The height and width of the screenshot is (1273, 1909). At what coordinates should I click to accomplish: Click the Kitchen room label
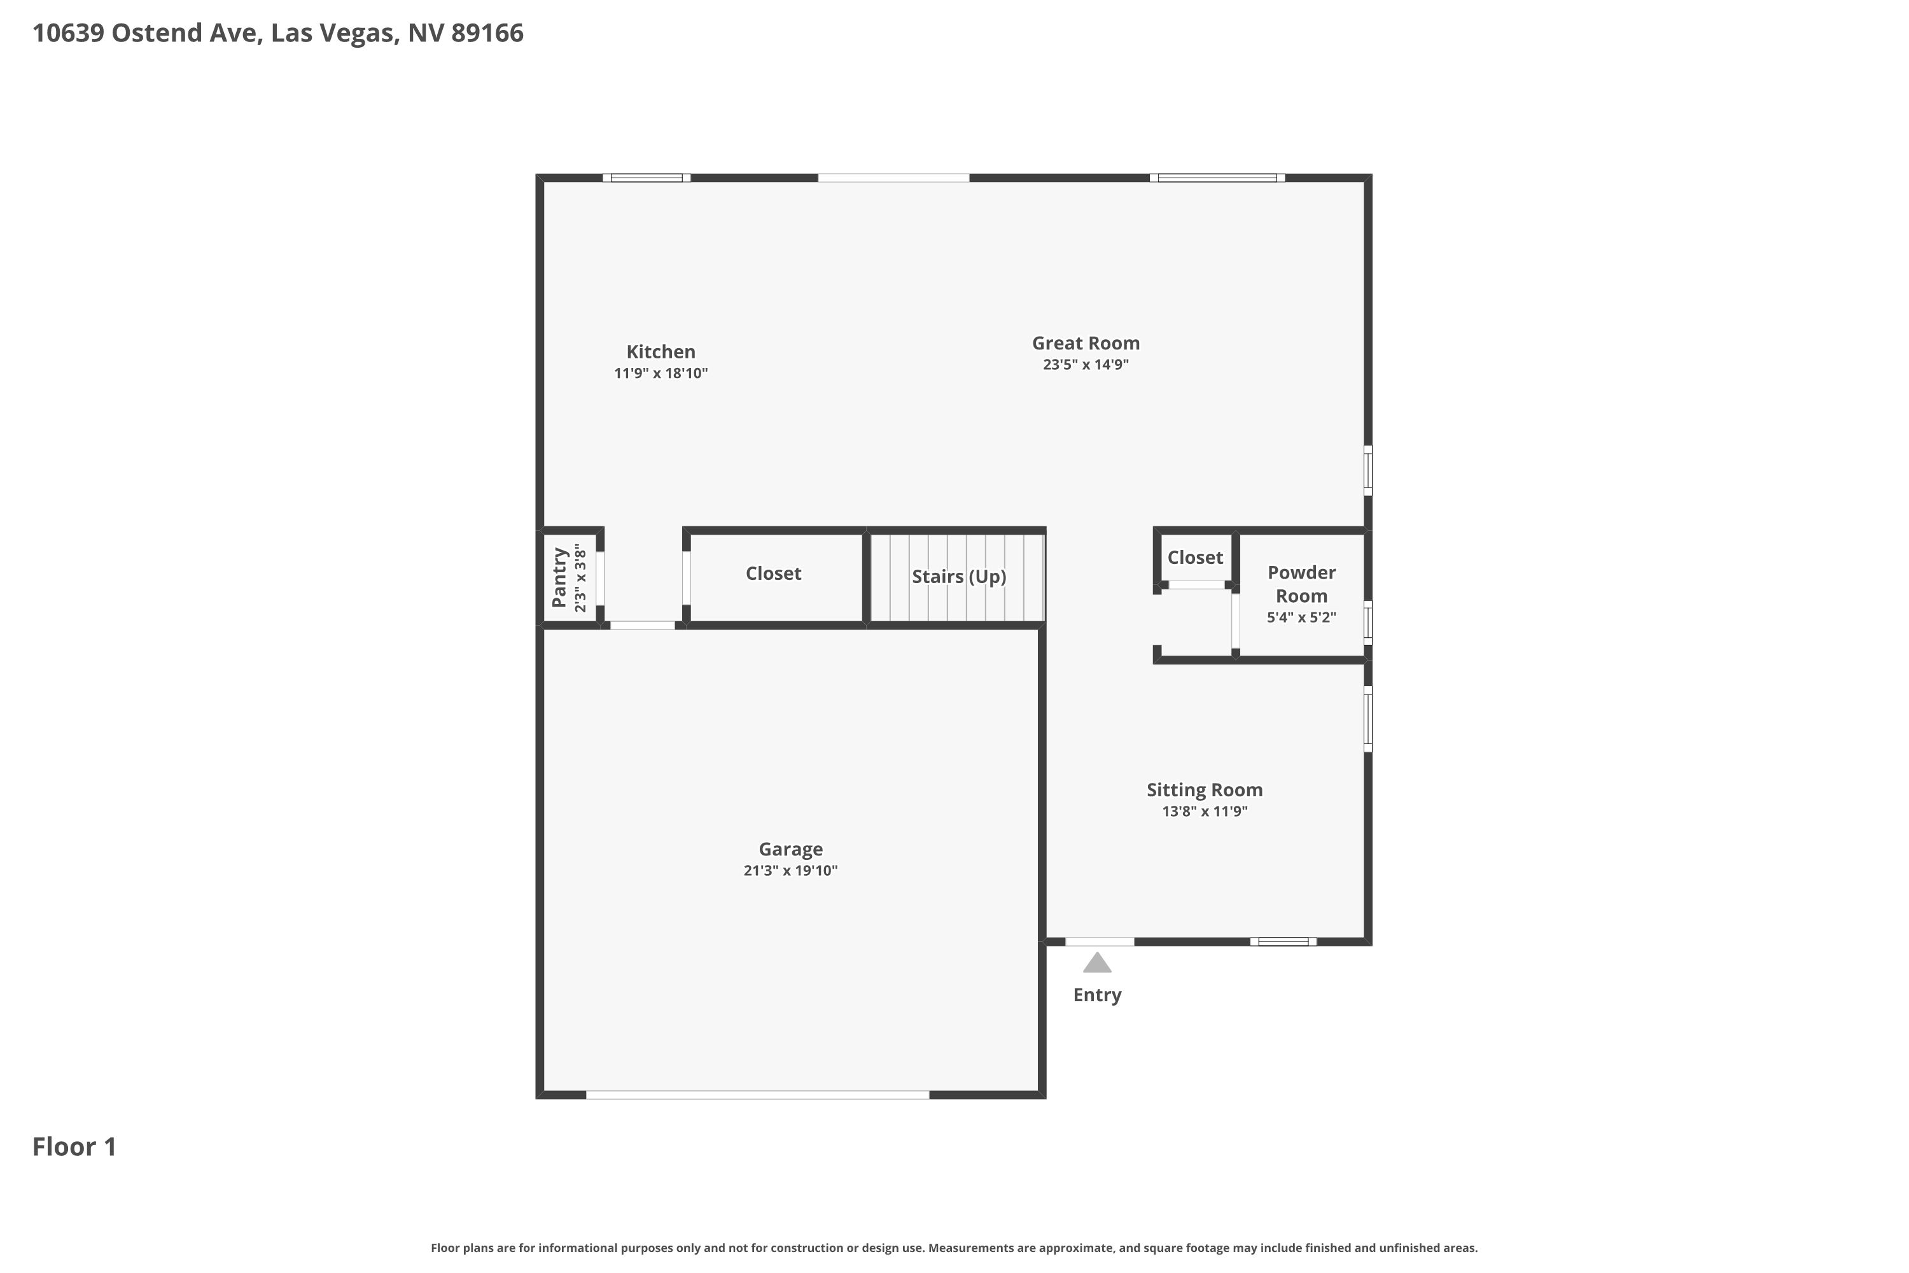pyautogui.click(x=661, y=351)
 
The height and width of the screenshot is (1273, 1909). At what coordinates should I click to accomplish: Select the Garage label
pyautogui.click(x=790, y=849)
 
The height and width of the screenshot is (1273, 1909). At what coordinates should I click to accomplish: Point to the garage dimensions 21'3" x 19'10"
pyautogui.click(x=790, y=870)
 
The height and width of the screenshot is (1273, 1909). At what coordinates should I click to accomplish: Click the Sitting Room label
pyautogui.click(x=1205, y=790)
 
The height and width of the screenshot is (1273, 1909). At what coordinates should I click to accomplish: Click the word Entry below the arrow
pyautogui.click(x=1097, y=995)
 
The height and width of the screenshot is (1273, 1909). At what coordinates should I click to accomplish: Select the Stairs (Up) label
pyautogui.click(x=958, y=577)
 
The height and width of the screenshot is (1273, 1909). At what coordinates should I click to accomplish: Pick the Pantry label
pyautogui.click(x=559, y=577)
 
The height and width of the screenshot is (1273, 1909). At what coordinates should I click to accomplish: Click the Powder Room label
pyautogui.click(x=1302, y=584)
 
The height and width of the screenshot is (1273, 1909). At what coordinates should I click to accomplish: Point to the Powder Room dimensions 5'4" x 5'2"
pyautogui.click(x=1302, y=617)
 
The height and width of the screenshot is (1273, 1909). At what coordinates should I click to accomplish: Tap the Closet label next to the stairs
pyautogui.click(x=774, y=573)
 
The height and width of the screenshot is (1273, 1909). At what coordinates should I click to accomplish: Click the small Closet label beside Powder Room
pyautogui.click(x=1195, y=558)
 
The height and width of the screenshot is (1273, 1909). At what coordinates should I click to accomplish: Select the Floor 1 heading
pyautogui.click(x=74, y=1146)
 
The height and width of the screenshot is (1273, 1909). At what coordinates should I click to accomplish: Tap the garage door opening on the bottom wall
pyautogui.click(x=757, y=1095)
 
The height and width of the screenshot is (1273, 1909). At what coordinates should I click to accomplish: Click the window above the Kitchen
pyautogui.click(x=647, y=178)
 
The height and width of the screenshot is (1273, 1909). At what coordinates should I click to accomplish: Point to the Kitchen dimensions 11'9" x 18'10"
pyautogui.click(x=661, y=374)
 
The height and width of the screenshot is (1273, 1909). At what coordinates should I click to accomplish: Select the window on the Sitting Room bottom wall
pyautogui.click(x=1283, y=942)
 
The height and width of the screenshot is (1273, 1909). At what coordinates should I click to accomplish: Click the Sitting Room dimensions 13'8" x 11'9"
pyautogui.click(x=1205, y=811)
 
